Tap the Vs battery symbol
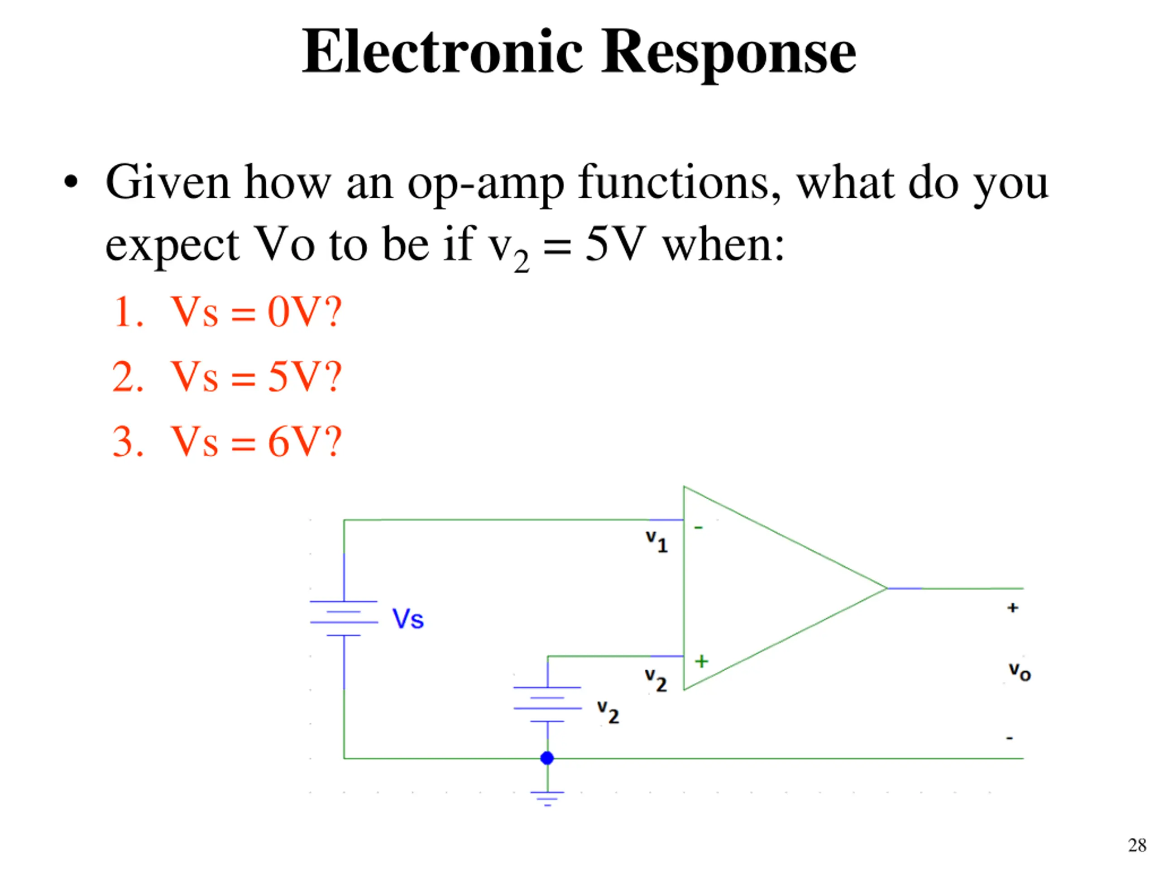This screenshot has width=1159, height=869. [x=344, y=618]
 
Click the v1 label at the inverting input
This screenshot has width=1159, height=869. [x=656, y=541]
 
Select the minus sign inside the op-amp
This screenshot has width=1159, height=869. [x=699, y=527]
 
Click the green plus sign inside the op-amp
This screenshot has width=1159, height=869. [x=702, y=661]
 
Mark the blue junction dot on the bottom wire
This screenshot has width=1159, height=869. [x=547, y=758]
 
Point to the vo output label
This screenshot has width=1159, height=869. [x=1020, y=672]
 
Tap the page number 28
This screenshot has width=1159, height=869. [x=1137, y=845]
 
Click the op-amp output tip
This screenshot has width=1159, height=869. [x=886, y=588]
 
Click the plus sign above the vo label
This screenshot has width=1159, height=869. [x=1013, y=607]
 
